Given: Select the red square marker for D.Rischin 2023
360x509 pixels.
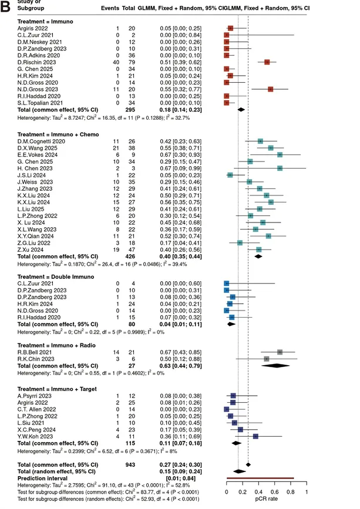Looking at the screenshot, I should point(267,62).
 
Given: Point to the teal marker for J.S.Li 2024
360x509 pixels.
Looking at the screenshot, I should point(230,174).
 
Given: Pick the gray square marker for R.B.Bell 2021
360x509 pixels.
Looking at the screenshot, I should point(280,352).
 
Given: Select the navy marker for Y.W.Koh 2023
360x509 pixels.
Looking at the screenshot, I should point(255,436).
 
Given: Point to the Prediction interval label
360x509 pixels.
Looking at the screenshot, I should point(42,477).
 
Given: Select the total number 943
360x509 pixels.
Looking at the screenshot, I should point(139,464).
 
